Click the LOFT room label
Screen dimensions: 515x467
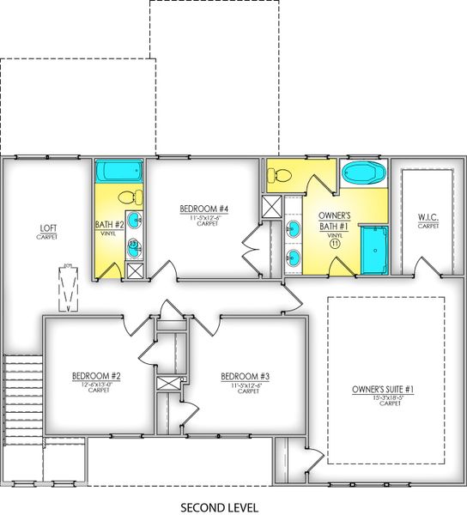(x=48, y=228)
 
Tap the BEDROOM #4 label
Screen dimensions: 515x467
(x=203, y=209)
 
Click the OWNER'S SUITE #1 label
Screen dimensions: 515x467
(x=384, y=391)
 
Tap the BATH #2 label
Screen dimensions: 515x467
(x=110, y=225)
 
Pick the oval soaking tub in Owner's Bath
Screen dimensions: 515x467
(x=365, y=173)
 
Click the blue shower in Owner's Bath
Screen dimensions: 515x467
(x=374, y=250)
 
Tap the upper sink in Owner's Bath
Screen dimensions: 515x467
(x=294, y=228)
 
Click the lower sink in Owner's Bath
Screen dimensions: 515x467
(x=294, y=257)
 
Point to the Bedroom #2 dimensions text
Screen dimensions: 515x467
(x=95, y=385)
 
